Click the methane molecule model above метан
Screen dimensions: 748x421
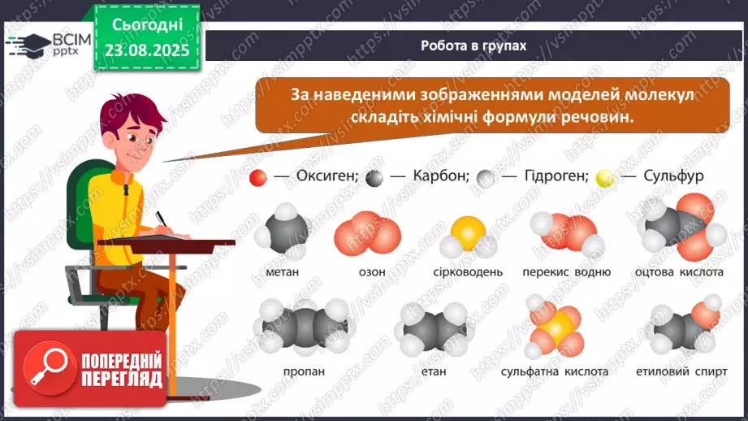tap(283, 231)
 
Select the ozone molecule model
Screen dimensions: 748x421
tap(368, 234)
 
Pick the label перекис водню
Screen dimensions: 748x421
tap(566, 272)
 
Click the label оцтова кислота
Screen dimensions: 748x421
tap(679, 272)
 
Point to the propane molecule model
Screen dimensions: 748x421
tap(305, 328)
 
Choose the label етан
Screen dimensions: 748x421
tap(434, 371)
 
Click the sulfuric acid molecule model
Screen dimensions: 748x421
tap(556, 328)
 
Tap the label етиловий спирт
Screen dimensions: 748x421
tap(681, 371)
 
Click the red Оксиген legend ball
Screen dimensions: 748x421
tap(258, 178)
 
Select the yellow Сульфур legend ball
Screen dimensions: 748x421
tap(605, 178)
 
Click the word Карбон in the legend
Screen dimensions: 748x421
tap(441, 176)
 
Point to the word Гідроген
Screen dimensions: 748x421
tap(556, 176)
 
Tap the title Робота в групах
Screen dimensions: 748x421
tap(473, 46)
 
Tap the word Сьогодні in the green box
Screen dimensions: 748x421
tap(147, 25)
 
